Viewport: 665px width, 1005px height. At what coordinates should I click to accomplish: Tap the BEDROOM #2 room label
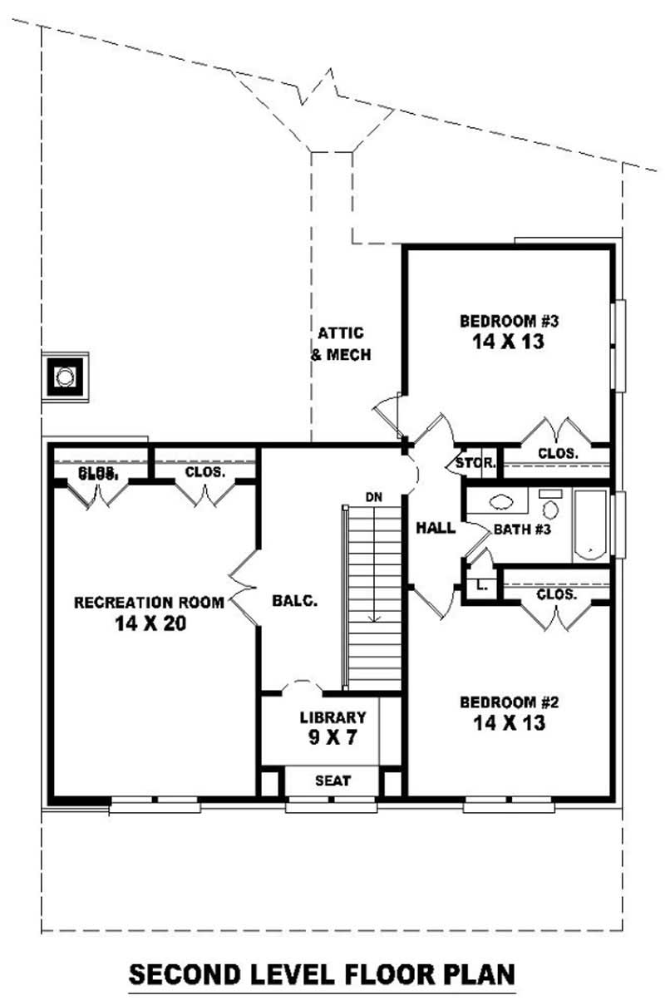[x=509, y=702]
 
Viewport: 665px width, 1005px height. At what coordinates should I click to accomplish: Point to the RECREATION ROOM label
[x=149, y=602]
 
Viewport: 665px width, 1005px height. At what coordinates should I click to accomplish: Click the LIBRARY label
[x=332, y=717]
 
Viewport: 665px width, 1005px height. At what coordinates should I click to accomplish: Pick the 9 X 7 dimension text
[x=332, y=737]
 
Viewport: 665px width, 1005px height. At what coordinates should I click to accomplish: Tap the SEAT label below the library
[x=332, y=781]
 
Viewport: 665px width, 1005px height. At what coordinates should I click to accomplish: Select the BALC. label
[x=295, y=601]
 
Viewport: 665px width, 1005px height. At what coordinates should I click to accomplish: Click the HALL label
[x=436, y=527]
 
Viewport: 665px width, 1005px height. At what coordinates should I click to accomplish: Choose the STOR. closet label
[x=475, y=463]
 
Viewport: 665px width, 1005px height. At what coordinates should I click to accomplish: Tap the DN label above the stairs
[x=373, y=497]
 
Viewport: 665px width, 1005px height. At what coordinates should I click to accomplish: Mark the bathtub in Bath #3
[x=590, y=525]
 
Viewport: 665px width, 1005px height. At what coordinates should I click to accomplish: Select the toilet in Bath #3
[x=550, y=507]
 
